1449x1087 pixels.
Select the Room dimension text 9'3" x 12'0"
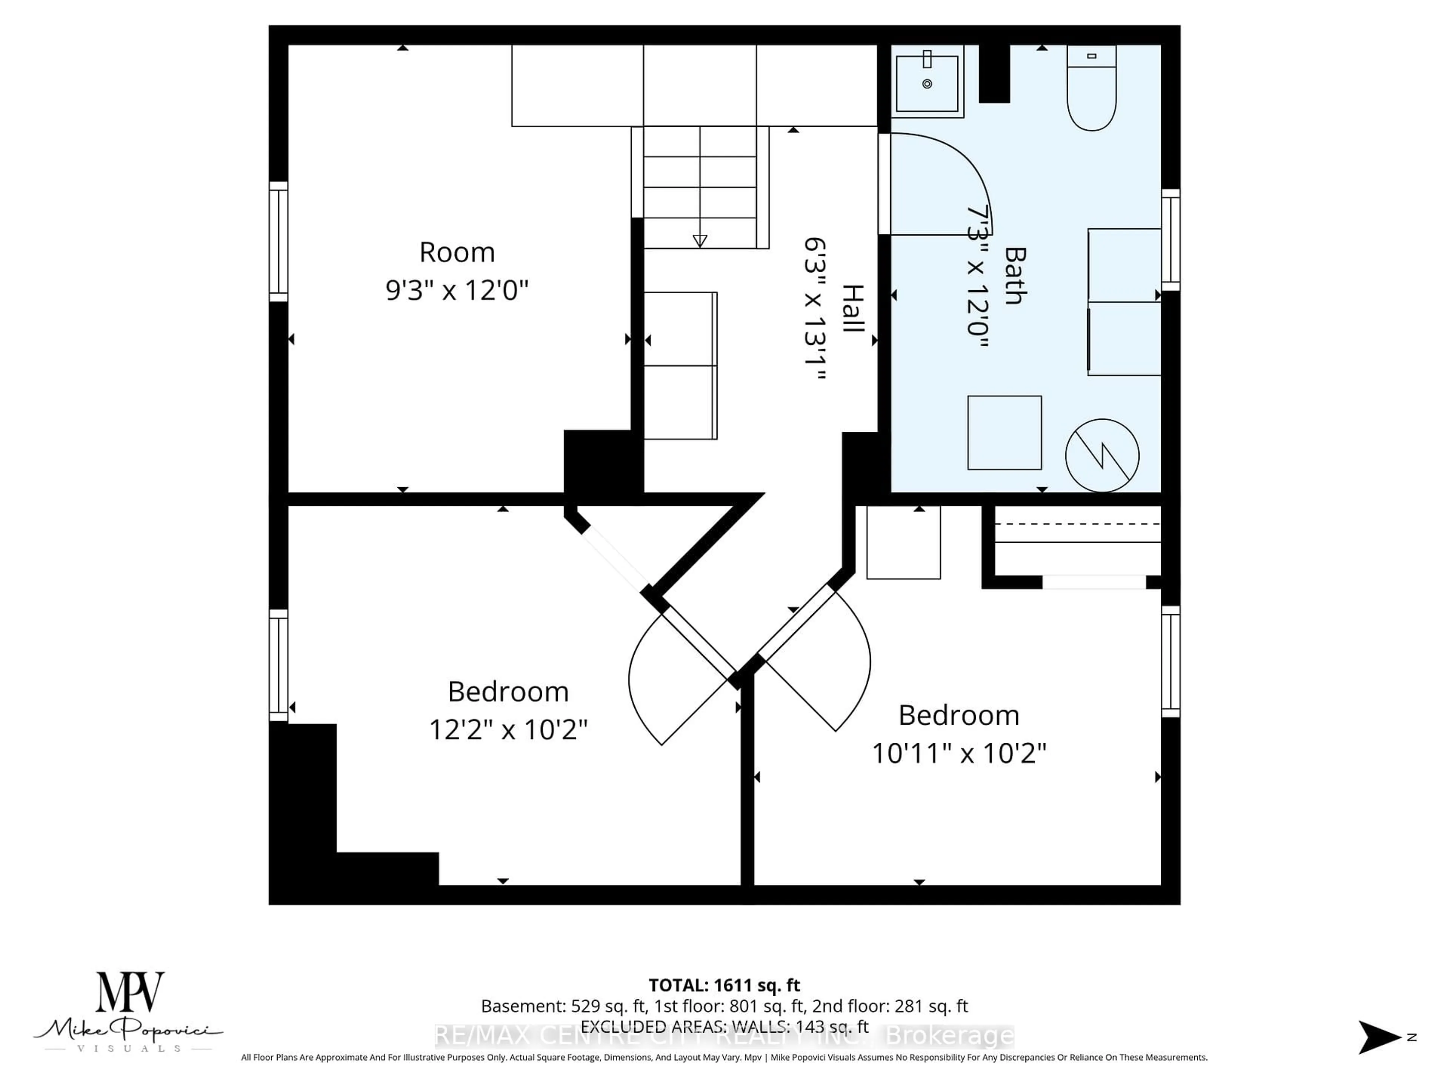point(457,289)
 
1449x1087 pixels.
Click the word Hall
point(852,308)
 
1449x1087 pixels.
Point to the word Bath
point(1014,275)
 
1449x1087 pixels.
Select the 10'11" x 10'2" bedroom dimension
point(958,753)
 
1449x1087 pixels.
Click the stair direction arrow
point(700,240)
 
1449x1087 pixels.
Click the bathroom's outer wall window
point(1171,240)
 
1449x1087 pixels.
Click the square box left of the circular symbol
point(1004,433)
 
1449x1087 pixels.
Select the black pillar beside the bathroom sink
point(994,73)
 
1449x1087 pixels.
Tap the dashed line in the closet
point(1078,523)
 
